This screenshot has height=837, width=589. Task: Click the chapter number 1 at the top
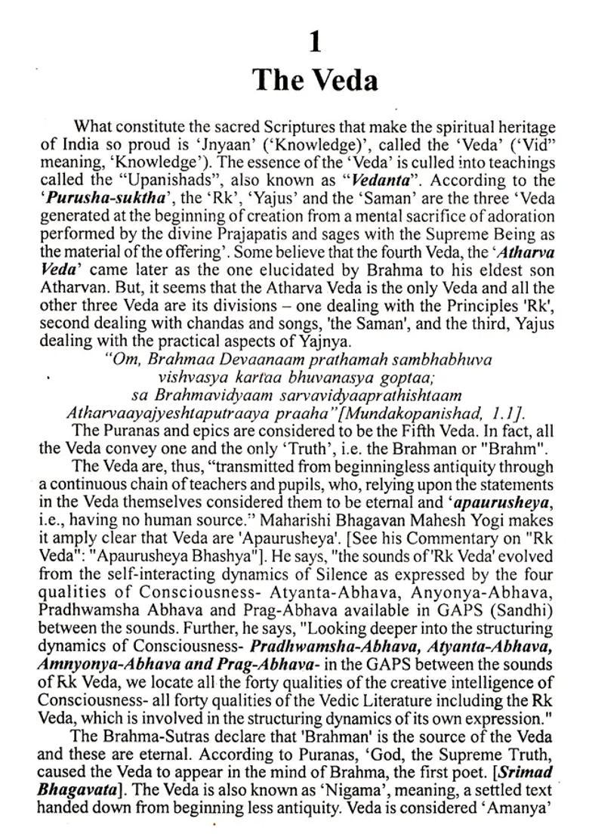315,42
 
